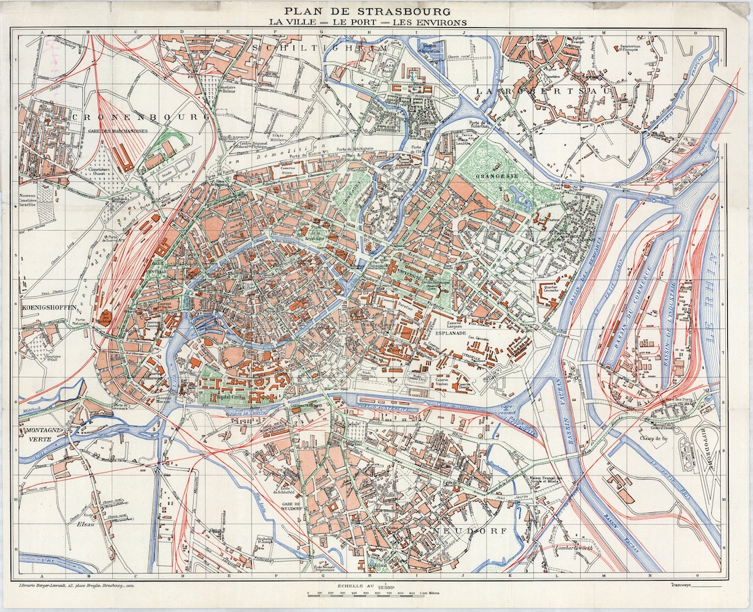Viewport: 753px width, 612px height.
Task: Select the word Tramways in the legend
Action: [x=683, y=585]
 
